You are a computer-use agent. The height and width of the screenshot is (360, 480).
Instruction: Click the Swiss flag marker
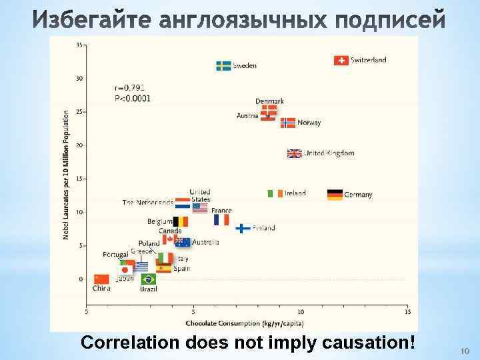coord(341,60)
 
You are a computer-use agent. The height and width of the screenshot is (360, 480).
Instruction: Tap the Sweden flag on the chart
coord(223,65)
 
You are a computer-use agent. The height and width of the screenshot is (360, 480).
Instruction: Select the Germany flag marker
coord(335,195)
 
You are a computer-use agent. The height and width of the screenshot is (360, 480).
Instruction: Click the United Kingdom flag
coord(294,153)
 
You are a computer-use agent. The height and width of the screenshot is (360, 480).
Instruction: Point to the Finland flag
coord(243,228)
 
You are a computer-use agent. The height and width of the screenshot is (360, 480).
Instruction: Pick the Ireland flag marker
coord(275,193)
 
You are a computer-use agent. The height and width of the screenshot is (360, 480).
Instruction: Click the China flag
coord(101,279)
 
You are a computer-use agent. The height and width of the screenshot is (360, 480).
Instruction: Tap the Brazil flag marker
coord(148,279)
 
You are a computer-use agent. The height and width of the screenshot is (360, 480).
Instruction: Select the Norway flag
coord(287,123)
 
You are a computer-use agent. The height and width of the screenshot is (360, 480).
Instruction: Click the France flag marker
coord(221,219)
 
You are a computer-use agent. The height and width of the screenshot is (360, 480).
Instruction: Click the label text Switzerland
coord(369,60)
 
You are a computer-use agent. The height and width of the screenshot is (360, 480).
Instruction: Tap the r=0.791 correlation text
coord(129,87)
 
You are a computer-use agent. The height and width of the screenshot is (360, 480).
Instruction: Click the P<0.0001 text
coord(132,98)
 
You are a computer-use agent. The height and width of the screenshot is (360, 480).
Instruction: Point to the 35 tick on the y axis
coord(79,45)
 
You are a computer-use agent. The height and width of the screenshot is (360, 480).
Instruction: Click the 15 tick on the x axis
coord(407,311)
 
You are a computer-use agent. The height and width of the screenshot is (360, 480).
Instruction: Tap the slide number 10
coord(465,351)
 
